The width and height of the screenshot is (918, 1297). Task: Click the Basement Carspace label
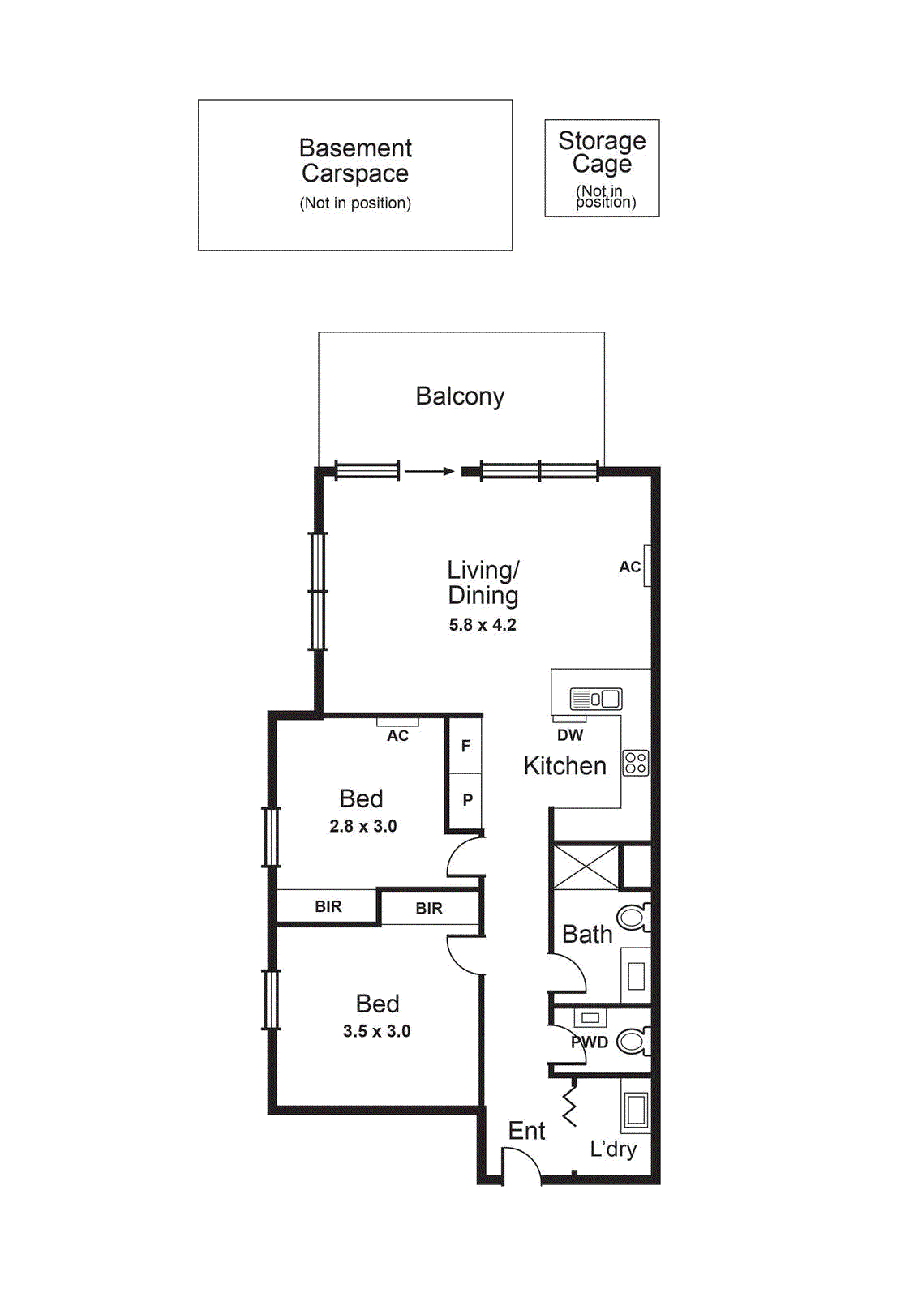click(x=355, y=161)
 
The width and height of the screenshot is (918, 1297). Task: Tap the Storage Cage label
click(x=602, y=152)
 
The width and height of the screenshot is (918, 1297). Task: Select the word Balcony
click(x=460, y=396)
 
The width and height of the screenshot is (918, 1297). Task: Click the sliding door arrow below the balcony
click(x=429, y=471)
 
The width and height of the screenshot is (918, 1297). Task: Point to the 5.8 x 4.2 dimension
click(x=483, y=625)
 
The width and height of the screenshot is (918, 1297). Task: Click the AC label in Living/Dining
click(x=629, y=567)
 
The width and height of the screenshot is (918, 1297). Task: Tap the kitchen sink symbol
click(x=596, y=699)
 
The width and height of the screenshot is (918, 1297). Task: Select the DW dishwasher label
click(x=570, y=735)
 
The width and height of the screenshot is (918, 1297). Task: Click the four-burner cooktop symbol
click(x=636, y=763)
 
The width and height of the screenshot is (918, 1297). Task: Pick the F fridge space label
click(x=465, y=746)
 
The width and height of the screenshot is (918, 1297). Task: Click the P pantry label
click(x=467, y=800)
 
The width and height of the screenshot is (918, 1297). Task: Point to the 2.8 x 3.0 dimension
click(x=362, y=827)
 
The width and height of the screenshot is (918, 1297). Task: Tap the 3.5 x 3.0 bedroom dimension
click(x=376, y=1032)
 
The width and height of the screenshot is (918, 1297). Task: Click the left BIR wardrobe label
click(x=328, y=907)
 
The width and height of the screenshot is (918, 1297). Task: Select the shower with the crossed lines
click(x=585, y=867)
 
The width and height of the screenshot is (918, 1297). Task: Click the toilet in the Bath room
click(x=633, y=918)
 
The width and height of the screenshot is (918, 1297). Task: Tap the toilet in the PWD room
click(x=633, y=1042)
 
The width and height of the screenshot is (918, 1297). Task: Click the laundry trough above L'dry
click(x=636, y=1110)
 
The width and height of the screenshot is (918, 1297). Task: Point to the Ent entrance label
click(x=526, y=1131)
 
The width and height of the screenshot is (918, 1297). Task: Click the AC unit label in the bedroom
click(x=397, y=736)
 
